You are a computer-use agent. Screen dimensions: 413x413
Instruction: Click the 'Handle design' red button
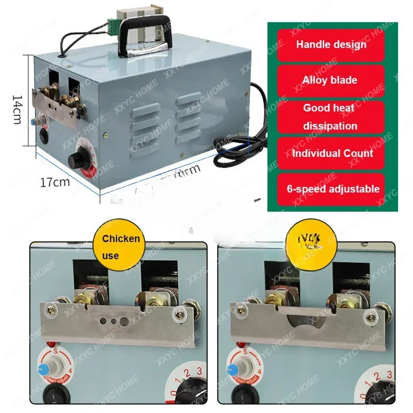pyautogui.click(x=331, y=44)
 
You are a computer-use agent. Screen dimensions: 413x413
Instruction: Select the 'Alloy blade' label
pyautogui.click(x=330, y=80)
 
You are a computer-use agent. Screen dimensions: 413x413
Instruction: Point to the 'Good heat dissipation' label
pyautogui.click(x=330, y=117)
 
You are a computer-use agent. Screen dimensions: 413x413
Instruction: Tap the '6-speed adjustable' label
pyautogui.click(x=333, y=189)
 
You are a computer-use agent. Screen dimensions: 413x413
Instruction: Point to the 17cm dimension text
pyautogui.click(x=55, y=182)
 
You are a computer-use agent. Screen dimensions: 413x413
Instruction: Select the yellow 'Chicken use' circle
pyautogui.click(x=120, y=246)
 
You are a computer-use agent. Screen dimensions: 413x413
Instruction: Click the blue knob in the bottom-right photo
pyautogui.click(x=233, y=370)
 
